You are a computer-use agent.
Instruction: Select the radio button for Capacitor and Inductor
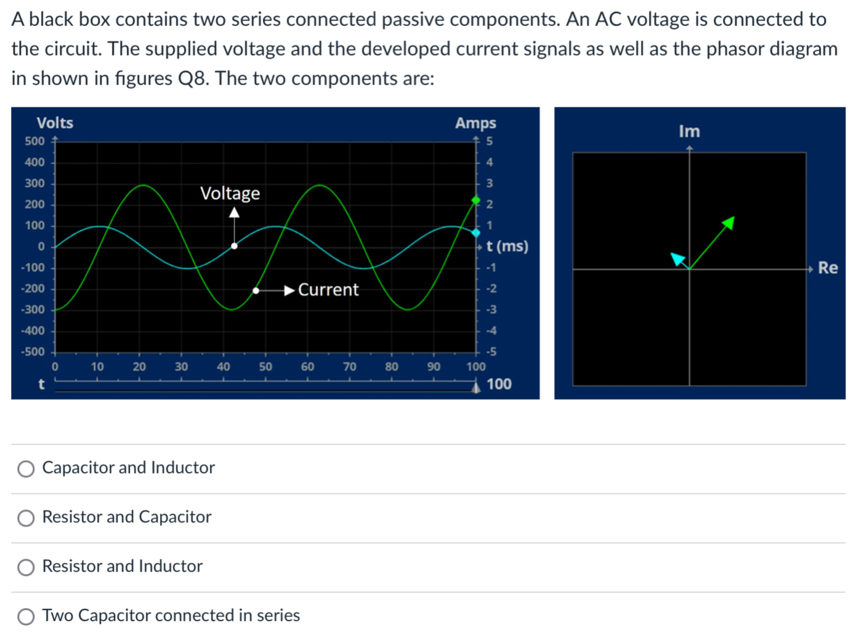click(26, 469)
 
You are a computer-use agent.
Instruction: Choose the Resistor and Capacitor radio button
click(26, 518)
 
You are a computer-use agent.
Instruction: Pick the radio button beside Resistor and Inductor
click(26, 567)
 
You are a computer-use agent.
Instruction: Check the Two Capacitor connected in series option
click(26, 617)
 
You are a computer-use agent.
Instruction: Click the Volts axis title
click(55, 123)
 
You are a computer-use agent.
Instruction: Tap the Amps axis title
click(475, 123)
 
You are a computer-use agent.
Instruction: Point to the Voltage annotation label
click(230, 193)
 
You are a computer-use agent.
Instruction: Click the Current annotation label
click(328, 290)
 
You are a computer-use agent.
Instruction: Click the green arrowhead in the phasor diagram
click(729, 222)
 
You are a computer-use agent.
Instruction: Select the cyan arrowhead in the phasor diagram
click(678, 259)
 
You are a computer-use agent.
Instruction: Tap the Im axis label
click(689, 131)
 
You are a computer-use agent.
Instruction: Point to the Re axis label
click(828, 268)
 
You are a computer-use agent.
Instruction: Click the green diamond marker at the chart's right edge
click(475, 200)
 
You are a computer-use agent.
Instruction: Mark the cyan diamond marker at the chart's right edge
click(475, 233)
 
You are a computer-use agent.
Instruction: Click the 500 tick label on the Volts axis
click(34, 141)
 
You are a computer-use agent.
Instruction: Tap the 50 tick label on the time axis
click(265, 367)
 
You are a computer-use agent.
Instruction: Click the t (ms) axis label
click(507, 246)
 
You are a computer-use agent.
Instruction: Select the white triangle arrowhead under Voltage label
click(234, 213)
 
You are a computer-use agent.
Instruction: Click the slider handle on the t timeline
click(475, 387)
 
